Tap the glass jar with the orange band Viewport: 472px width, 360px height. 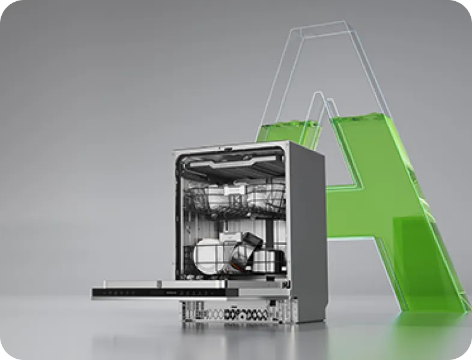click(x=245, y=250)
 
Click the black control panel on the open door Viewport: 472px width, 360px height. click(x=160, y=293)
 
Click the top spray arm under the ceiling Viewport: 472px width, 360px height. click(x=233, y=162)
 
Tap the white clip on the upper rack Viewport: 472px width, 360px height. click(x=235, y=190)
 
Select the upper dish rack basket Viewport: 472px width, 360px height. click(x=235, y=199)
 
